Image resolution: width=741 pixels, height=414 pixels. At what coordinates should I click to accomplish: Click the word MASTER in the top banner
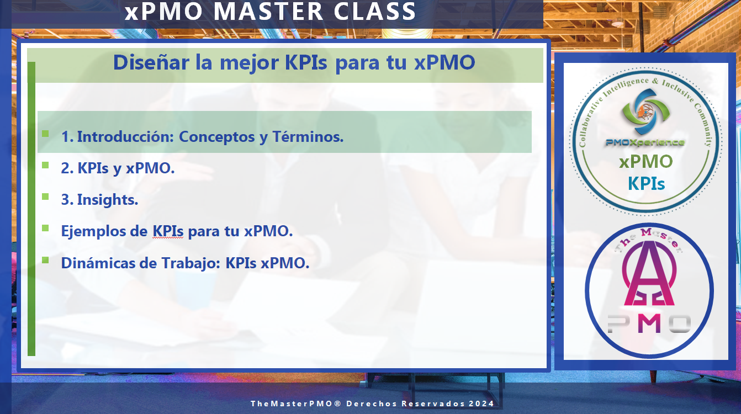tap(268, 12)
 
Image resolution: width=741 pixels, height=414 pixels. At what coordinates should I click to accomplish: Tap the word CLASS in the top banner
tap(375, 12)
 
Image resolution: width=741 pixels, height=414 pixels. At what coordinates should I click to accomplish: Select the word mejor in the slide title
tap(250, 63)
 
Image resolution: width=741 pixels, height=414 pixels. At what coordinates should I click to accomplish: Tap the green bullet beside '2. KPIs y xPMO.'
tap(45, 165)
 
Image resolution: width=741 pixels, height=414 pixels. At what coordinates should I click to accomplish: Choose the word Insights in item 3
tap(108, 200)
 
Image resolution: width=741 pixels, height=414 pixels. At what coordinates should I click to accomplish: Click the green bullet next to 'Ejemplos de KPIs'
tap(45, 228)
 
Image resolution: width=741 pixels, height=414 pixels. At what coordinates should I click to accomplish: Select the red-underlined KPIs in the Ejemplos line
tap(168, 231)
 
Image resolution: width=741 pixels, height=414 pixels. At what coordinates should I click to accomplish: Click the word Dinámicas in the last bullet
tap(98, 263)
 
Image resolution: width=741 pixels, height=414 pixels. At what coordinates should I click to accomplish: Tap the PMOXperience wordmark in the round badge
tap(645, 142)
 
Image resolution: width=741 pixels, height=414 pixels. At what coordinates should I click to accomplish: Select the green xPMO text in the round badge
tap(645, 162)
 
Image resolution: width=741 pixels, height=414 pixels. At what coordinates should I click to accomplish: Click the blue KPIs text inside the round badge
tap(647, 183)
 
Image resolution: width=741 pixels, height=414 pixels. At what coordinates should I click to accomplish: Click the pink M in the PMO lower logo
tap(649, 323)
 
